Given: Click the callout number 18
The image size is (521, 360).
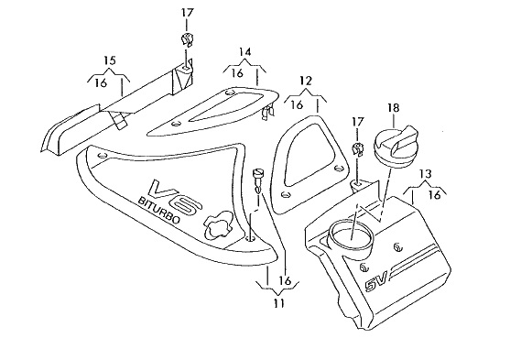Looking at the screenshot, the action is pos(393,108).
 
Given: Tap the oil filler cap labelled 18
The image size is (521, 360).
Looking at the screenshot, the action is pos(395,144).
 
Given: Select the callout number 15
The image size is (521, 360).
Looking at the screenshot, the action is pos(110,60).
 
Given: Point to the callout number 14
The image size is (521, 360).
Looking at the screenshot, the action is pos(244,52).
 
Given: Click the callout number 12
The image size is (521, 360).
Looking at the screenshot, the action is pos(306,81).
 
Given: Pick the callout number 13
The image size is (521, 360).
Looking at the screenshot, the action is pos(425,173).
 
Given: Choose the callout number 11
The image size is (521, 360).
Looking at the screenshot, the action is pos(279,303).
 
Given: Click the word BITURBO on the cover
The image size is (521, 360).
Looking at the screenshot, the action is pos(158,210).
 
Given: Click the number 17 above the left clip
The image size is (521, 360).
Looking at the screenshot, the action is pos(187,13).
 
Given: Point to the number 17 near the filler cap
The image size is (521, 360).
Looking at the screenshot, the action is pos(357,122).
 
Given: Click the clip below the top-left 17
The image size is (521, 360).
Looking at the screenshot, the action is pos(187,40).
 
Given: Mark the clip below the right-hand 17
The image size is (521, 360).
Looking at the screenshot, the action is pos(357,149).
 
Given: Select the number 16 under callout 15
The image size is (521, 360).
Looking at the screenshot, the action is pos(101,82).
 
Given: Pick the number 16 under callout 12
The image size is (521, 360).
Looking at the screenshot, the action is pos(297,104).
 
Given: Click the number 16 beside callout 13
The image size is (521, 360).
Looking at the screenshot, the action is pos(435,194).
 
